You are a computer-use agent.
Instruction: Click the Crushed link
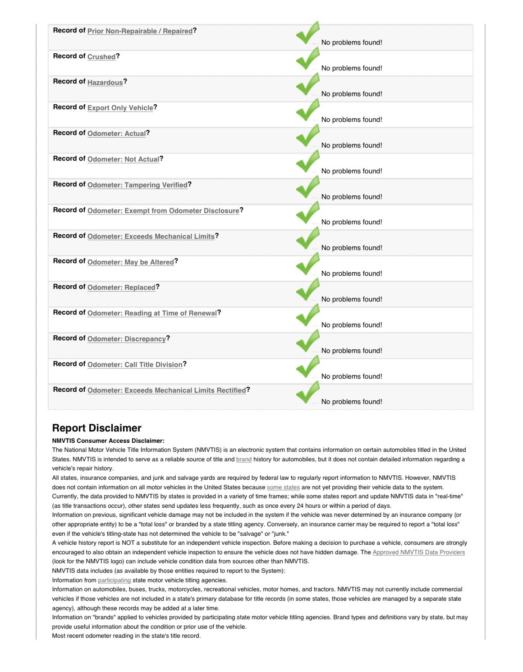pyautogui.click(x=101, y=57)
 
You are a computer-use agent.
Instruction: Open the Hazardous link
pyautogui.click(x=105, y=83)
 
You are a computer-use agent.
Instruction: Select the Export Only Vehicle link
pyautogui.click(x=120, y=108)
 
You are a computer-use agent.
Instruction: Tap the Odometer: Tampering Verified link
pyautogui.click(x=138, y=185)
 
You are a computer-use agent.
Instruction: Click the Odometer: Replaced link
pyautogui.click(x=121, y=287)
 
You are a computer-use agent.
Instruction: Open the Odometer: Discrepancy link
pyautogui.click(x=127, y=339)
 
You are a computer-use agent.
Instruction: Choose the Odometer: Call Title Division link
pyautogui.click(x=135, y=365)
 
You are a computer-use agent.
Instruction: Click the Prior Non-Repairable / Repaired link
pyautogui.click(x=140, y=31)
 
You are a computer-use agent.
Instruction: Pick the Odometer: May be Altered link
pyautogui.click(x=131, y=262)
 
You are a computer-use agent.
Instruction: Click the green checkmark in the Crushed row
pyautogui.click(x=308, y=59)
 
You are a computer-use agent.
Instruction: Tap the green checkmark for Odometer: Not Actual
pyautogui.click(x=308, y=162)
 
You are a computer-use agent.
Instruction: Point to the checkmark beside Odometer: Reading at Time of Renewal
pyautogui.click(x=308, y=315)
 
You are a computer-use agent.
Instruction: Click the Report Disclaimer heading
pyautogui.click(x=96, y=428)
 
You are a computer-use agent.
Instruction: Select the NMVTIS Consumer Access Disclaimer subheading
pyautogui.click(x=108, y=441)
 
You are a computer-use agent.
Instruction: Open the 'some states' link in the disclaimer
pyautogui.click(x=283, y=487)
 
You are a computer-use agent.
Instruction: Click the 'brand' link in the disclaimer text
pyautogui.click(x=244, y=459)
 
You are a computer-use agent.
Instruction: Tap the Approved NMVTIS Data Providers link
pyautogui.click(x=418, y=552)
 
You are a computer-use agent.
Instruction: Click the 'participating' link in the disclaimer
pyautogui.click(x=115, y=580)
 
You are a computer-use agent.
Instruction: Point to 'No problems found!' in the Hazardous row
pyautogui.click(x=352, y=94)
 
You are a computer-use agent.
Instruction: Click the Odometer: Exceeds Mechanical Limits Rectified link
pyautogui.click(x=167, y=390)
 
